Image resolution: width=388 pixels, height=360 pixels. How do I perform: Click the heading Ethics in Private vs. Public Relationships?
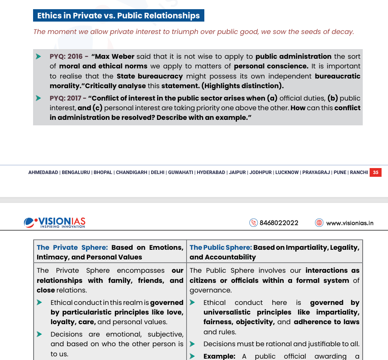(118, 16)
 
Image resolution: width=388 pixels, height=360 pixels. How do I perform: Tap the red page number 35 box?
(376, 173)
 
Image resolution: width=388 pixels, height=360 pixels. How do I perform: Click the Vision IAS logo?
(55, 222)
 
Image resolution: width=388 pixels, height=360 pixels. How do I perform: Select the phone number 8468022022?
(279, 223)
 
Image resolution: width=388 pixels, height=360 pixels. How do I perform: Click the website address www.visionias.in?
(349, 223)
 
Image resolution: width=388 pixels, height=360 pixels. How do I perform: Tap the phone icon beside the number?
(253, 223)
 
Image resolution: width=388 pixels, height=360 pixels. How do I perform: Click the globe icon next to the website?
(319, 223)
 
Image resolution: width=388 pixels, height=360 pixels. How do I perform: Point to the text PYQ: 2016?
(66, 56)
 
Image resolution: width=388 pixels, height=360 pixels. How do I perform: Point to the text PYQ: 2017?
(66, 98)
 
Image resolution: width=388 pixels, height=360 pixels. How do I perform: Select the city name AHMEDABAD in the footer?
(43, 173)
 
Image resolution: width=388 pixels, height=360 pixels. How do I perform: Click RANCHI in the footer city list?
(359, 173)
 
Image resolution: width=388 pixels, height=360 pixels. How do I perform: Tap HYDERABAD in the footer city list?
(211, 173)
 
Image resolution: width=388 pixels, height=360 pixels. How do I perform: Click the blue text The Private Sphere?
(72, 247)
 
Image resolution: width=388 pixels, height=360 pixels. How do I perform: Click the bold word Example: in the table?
(219, 356)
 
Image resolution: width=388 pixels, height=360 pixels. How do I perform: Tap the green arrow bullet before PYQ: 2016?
(39, 56)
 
